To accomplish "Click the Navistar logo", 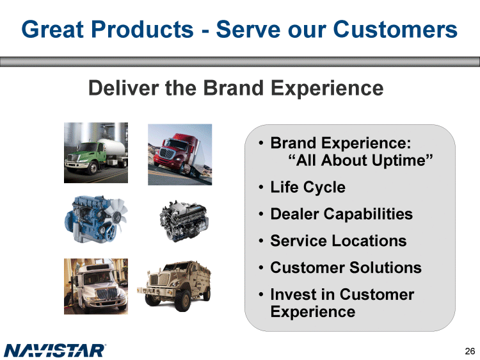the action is pos(55,350).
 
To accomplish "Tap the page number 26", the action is pos(470,351).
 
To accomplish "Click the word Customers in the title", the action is pos(396,29).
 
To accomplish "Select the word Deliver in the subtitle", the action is pos(124,88).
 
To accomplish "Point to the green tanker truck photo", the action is pos(96,152).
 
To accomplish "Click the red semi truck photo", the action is pos(180,154).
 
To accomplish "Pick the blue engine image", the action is pos(95,219).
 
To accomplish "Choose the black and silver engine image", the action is pos(184,220).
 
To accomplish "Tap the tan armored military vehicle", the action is pos(174,286).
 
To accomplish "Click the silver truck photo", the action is pos(96,286).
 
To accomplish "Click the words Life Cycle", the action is pos(308,187).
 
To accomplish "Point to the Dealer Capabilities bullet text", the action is pos(341,214).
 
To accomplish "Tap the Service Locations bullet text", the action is pos(339,240).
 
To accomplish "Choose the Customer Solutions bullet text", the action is pos(346,268).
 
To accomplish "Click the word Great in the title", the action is pos(52,29).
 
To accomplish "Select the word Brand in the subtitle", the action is pos(233,88).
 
